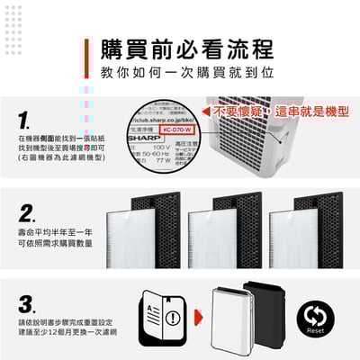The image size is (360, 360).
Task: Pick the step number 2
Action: tap(28, 213)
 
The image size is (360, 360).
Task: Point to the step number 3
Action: tap(28, 302)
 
